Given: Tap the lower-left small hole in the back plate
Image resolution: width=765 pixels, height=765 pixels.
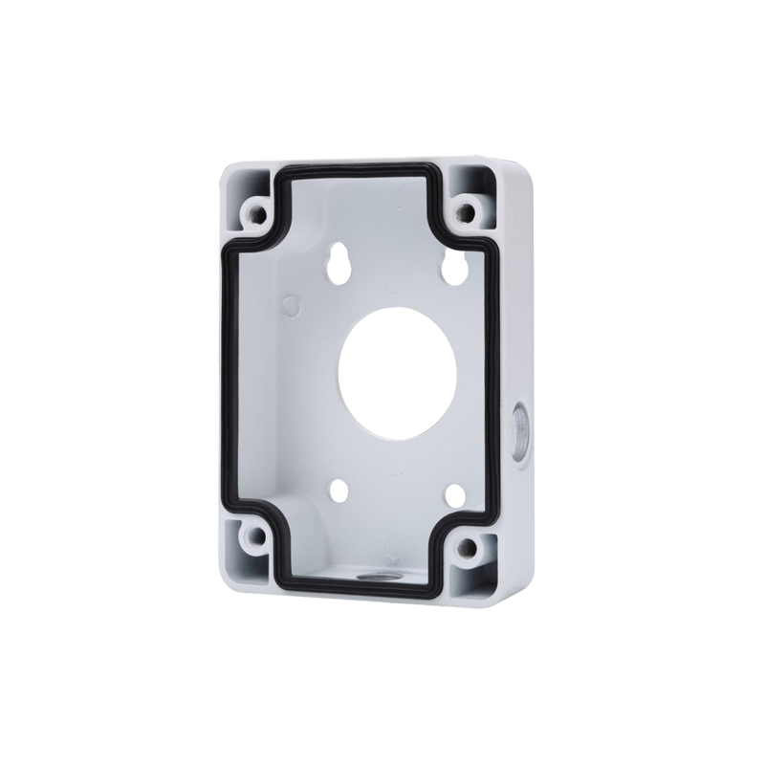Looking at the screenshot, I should tap(337, 488).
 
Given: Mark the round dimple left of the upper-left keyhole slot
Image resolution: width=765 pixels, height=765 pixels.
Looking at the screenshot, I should tap(291, 305).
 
